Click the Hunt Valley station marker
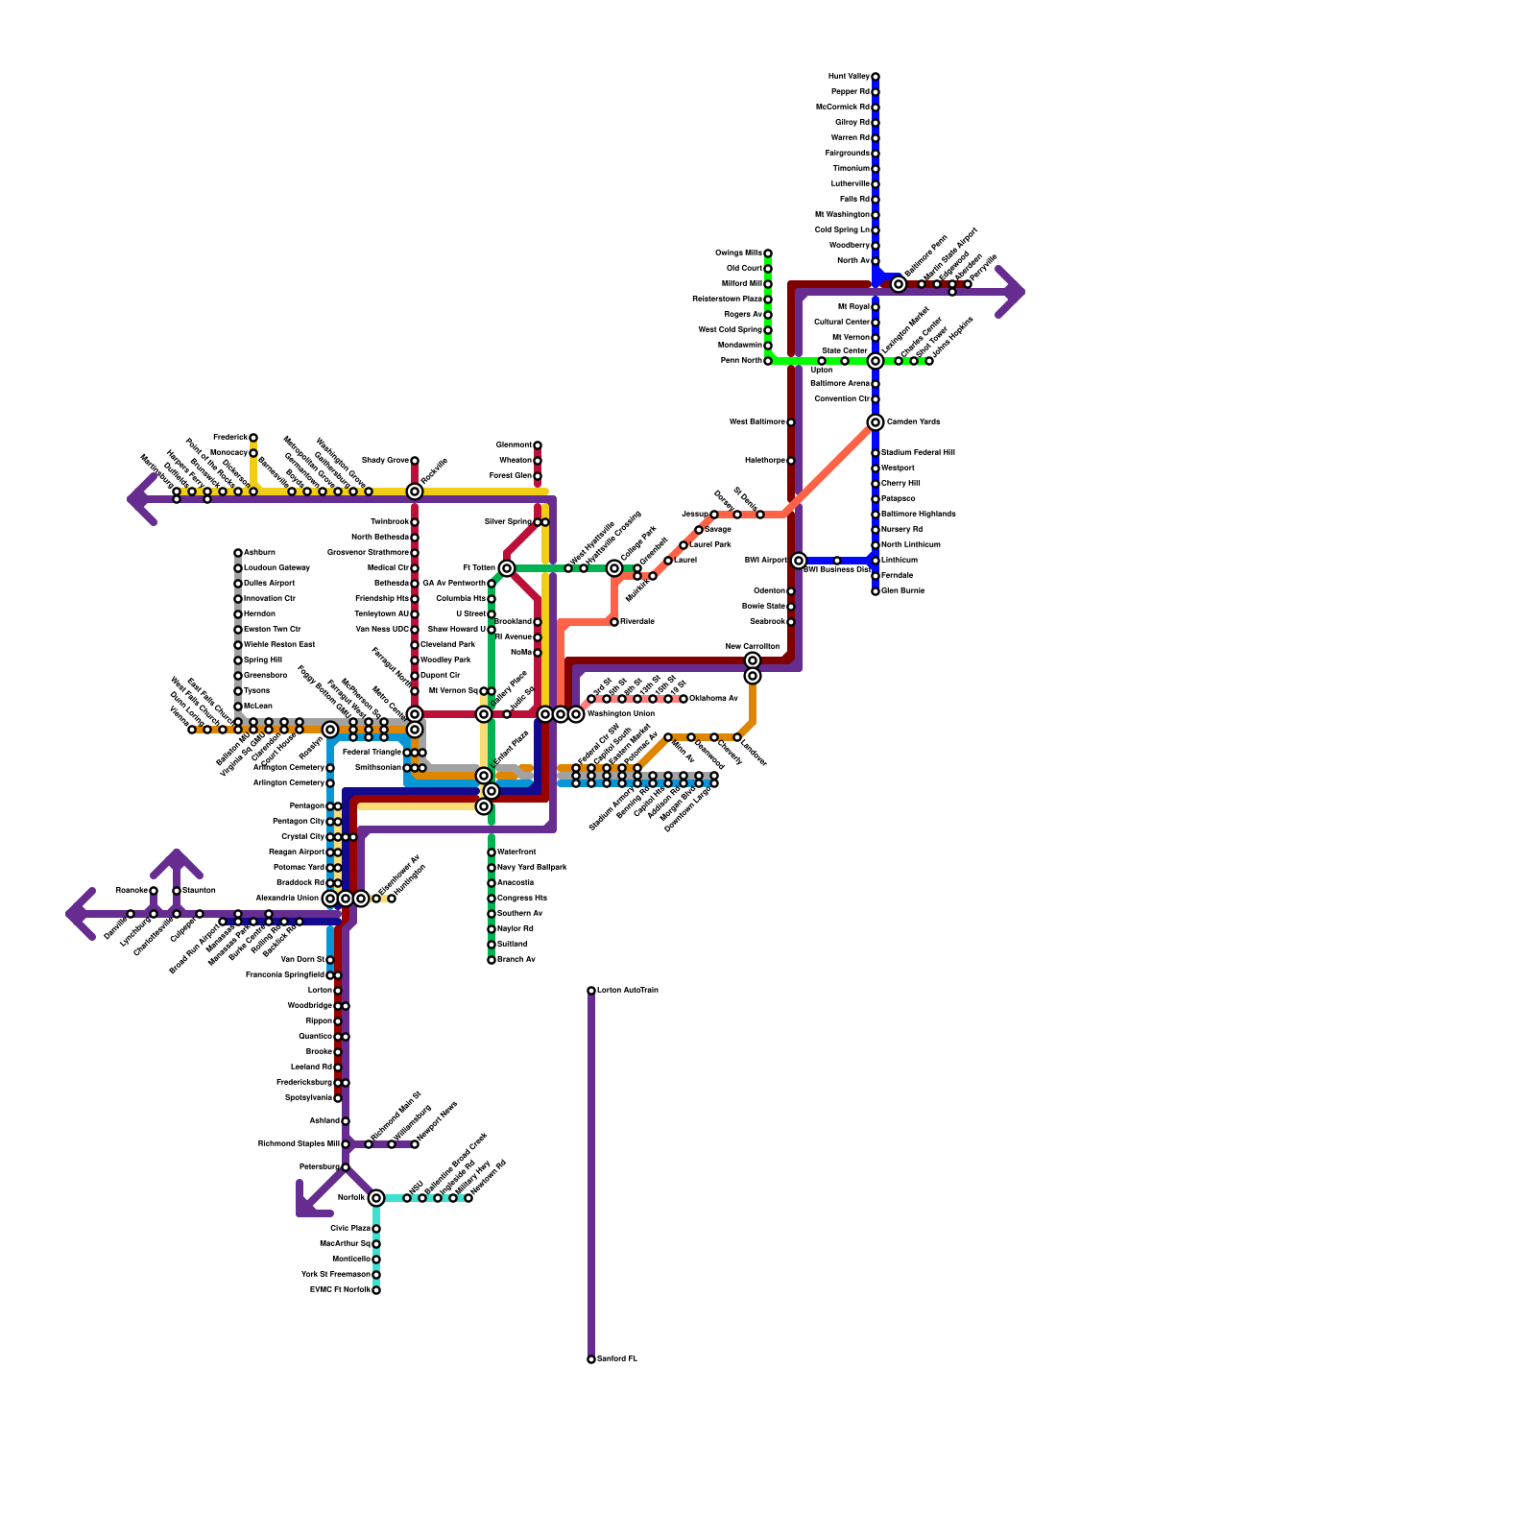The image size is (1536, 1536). coord(876,77)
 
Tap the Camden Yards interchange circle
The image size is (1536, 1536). coord(876,422)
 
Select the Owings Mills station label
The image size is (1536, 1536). coord(738,253)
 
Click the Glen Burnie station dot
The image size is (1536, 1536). coord(876,591)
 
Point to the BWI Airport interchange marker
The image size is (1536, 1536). coord(799,561)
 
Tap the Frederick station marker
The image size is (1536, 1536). coord(253,438)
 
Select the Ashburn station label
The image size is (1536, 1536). coord(259,553)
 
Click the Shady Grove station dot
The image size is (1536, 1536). coord(415,461)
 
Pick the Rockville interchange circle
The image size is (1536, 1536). coord(415,492)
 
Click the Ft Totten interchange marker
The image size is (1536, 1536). coord(507,568)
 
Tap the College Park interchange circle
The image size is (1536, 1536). coord(614,568)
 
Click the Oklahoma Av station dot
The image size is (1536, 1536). coord(684,699)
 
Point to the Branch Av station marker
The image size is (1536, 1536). coord(492,960)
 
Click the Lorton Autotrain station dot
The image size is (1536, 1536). coord(591,991)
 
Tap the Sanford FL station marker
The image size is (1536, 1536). coord(591,1359)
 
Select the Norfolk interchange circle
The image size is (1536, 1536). coord(376,1198)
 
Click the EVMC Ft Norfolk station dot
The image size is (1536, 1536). coord(376,1290)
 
